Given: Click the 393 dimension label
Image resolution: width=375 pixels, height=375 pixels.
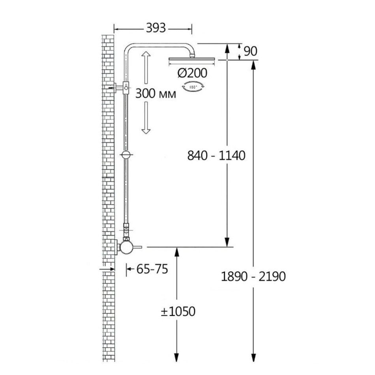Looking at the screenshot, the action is pos(156,28).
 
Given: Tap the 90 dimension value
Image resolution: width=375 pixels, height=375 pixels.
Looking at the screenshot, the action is pos(250,51).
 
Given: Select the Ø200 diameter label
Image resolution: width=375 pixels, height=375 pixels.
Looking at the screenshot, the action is pos(192,73).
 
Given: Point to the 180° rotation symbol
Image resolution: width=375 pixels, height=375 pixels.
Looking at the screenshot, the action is pos(193,87).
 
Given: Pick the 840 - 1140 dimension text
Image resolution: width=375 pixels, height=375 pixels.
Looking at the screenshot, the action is pos(216,156).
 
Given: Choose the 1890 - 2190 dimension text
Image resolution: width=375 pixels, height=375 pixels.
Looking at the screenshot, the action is pos(253,276).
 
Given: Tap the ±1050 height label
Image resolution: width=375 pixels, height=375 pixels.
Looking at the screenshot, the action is pos(178,311).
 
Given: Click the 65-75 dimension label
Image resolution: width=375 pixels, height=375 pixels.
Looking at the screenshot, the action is pos(152,269).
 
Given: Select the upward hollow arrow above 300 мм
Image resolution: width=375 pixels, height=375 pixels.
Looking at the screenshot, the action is pos(146,67).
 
